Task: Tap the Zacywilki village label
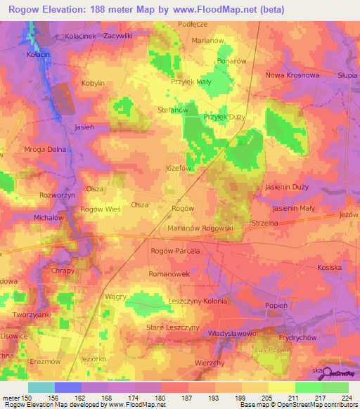pyautogui.click(x=119, y=34)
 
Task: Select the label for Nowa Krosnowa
pyautogui.click(x=292, y=74)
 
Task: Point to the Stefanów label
pyautogui.click(x=172, y=110)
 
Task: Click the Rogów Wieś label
pyautogui.click(x=102, y=209)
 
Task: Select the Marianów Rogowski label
pyautogui.click(x=200, y=228)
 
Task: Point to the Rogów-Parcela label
pyautogui.click(x=176, y=250)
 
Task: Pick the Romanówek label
pyautogui.click(x=169, y=274)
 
